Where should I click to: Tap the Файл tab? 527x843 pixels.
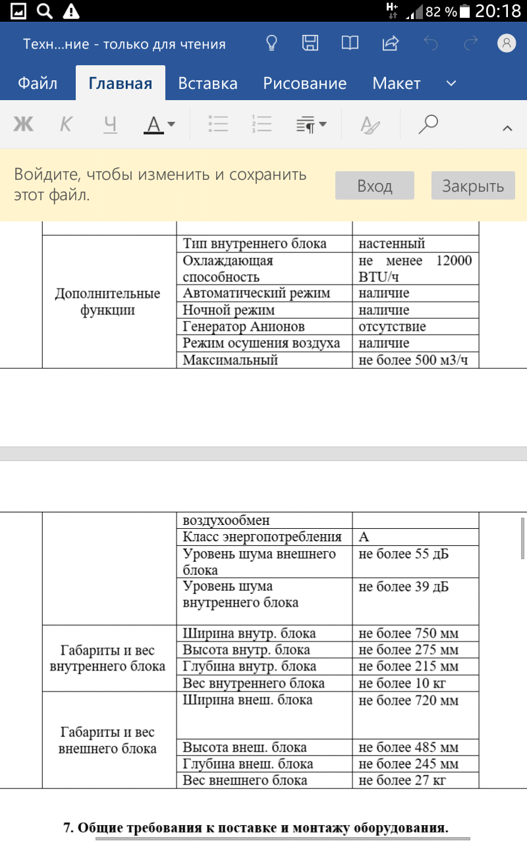click(x=38, y=84)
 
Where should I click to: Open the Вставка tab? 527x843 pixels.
click(x=208, y=84)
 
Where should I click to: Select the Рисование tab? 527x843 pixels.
click(x=304, y=84)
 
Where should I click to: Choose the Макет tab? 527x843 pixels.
click(x=396, y=84)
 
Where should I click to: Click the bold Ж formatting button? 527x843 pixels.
click(x=23, y=124)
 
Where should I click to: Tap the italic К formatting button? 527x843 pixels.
click(x=66, y=124)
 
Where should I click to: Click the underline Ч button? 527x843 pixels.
click(x=110, y=124)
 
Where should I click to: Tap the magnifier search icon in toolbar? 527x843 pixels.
click(x=428, y=124)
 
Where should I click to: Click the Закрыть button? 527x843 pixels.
click(x=472, y=186)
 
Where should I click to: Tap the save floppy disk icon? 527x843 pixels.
click(x=310, y=43)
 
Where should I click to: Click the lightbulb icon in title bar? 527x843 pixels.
click(x=271, y=43)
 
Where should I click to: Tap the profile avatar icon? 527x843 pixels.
click(x=506, y=43)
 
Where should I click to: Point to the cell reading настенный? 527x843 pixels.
click(x=392, y=244)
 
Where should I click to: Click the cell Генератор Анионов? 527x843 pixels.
click(x=244, y=327)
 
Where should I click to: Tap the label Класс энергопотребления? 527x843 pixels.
click(x=262, y=537)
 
